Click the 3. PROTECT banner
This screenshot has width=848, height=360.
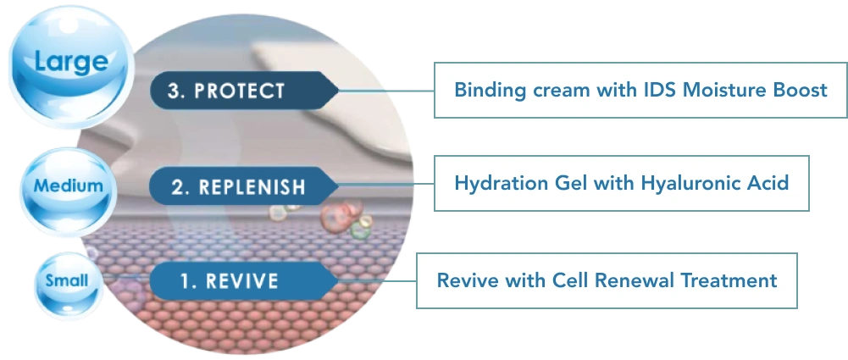245,91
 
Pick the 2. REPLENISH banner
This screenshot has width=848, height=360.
245,186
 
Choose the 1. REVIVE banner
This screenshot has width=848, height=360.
245,281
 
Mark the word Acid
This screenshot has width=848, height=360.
769,183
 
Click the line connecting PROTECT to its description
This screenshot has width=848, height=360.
386,91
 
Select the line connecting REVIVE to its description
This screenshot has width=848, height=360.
378,281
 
